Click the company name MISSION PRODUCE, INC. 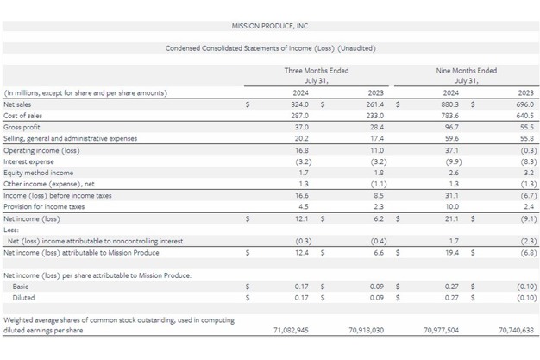(270, 27)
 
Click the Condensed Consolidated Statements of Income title (270, 48)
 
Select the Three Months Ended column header (317, 71)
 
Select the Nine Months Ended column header (467, 71)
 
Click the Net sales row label (18, 104)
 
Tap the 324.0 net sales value (299, 104)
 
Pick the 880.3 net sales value (450, 104)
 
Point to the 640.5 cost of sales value (524, 115)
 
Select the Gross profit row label (22, 127)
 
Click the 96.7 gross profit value (452, 127)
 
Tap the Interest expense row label (28, 161)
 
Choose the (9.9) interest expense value (450, 161)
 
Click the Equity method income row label (38, 173)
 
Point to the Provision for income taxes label (44, 207)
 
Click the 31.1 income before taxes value (452, 196)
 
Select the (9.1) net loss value (524, 219)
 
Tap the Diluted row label (23, 298)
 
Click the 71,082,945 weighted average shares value (292, 330)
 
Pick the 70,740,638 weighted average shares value (516, 330)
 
